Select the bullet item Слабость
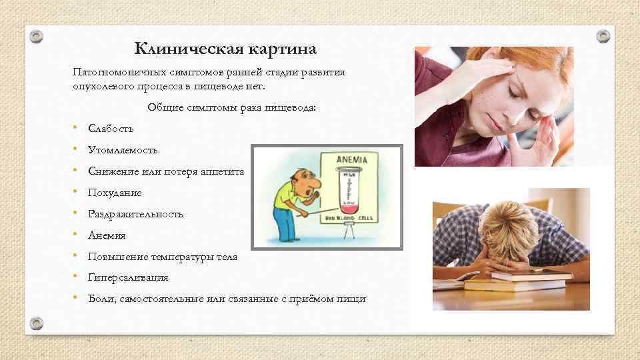[x=111, y=129]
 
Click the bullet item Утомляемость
[x=123, y=150]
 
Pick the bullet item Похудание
[x=115, y=193]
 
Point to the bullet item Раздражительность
[x=135, y=214]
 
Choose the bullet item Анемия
[x=107, y=235]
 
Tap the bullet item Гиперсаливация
[x=128, y=277]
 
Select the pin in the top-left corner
[x=37, y=35]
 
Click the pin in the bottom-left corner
[x=37, y=323]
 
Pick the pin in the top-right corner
[x=603, y=35]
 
